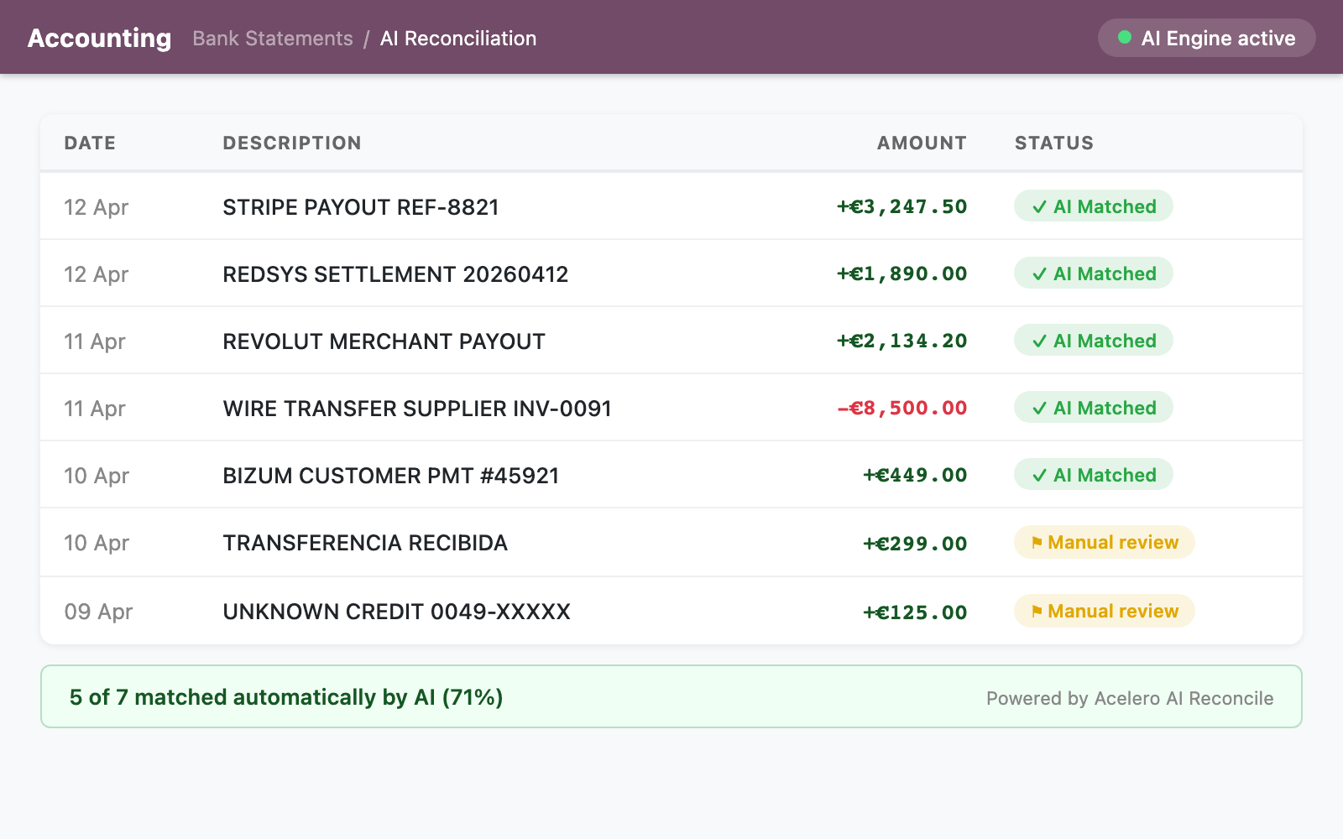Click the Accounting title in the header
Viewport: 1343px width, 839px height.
click(99, 38)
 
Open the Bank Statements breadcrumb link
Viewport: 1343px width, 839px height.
click(272, 39)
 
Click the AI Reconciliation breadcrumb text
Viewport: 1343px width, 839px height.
click(457, 39)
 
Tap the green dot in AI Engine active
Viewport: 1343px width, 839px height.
click(1125, 38)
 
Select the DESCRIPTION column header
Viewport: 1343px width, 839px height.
click(291, 143)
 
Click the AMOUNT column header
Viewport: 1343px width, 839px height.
click(921, 143)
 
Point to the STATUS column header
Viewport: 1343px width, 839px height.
click(1053, 143)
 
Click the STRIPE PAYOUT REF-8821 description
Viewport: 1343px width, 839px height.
click(360, 207)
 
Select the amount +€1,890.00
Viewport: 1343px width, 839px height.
click(901, 274)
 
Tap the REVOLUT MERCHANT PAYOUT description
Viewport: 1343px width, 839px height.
click(384, 341)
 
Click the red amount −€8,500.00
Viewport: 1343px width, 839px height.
click(901, 408)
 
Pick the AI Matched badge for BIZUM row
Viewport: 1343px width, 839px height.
click(1093, 475)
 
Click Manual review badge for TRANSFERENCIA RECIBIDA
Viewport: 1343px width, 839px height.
click(1104, 543)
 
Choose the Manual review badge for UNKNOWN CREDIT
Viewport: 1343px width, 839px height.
click(1104, 612)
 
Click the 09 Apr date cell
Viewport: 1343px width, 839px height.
click(98, 612)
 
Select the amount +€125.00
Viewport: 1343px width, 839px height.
click(915, 612)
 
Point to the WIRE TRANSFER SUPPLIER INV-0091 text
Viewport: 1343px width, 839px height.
click(416, 409)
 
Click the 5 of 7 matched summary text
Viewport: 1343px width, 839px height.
click(285, 697)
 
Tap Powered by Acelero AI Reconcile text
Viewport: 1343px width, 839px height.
click(1129, 698)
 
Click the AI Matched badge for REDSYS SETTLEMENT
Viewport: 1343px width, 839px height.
click(1093, 274)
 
